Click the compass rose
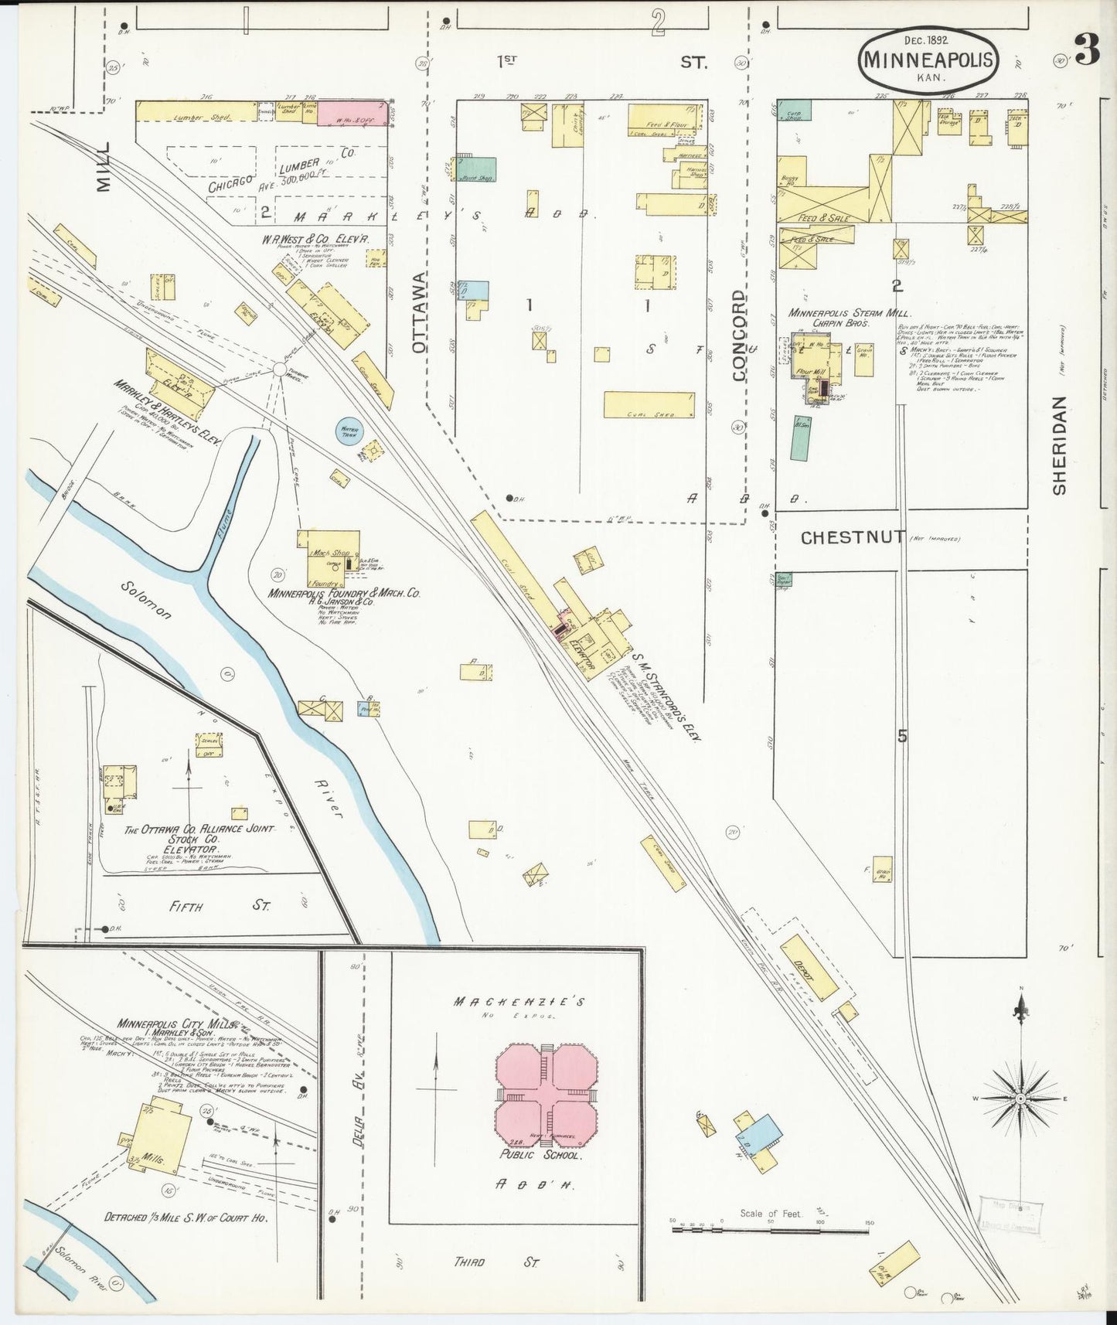click(x=1020, y=1098)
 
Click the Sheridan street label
click(x=1058, y=446)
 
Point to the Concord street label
click(x=739, y=336)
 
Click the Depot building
click(x=808, y=967)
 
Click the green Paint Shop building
click(x=478, y=169)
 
